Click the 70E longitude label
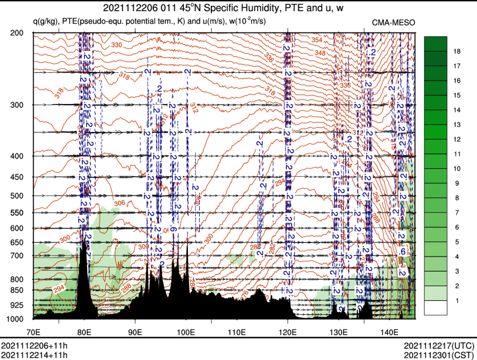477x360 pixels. (x=34, y=325)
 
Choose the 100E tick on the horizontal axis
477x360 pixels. (x=186, y=325)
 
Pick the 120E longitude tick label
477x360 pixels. (x=287, y=325)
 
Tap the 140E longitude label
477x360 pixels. (x=389, y=325)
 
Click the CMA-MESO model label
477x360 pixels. (x=394, y=22)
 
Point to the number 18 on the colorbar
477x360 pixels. (x=457, y=51)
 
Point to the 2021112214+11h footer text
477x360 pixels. (x=34, y=355)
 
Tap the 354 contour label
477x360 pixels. (x=317, y=40)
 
